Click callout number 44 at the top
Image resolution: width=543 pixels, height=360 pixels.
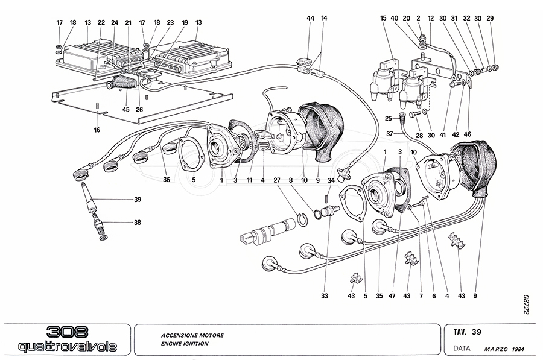(310, 19)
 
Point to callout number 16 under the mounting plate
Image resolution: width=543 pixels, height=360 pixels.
(97, 130)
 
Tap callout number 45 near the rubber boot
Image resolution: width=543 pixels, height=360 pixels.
(125, 109)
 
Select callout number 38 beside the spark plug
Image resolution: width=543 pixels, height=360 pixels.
(138, 222)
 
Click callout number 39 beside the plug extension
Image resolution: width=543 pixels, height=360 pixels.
(138, 200)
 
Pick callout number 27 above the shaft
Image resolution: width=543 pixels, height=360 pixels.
(277, 179)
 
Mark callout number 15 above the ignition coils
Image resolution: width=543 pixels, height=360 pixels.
(383, 19)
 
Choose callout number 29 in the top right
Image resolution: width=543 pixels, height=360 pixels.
(490, 19)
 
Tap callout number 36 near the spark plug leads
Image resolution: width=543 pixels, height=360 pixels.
(166, 179)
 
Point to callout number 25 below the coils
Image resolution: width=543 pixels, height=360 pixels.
(389, 118)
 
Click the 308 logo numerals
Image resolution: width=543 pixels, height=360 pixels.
(67, 332)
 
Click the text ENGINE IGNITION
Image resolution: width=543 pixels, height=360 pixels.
(185, 343)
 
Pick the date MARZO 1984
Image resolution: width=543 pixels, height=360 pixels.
(504, 349)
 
